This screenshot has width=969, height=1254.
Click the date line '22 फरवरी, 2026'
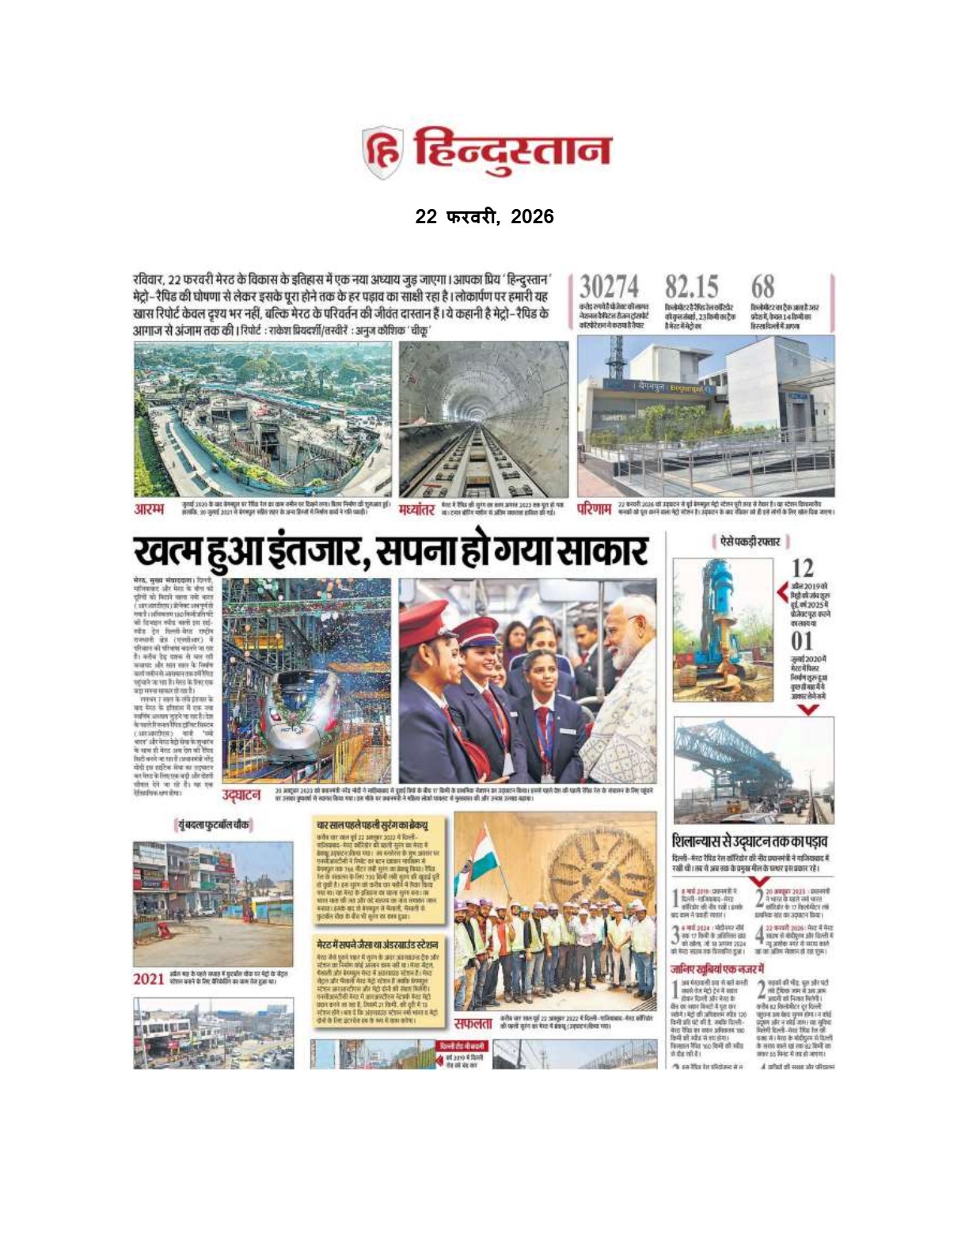pyautogui.click(x=484, y=217)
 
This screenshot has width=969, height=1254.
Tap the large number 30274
pyautogui.click(x=609, y=287)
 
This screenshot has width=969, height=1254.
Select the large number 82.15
pyautogui.click(x=691, y=287)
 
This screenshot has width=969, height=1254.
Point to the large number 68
pyautogui.click(x=762, y=287)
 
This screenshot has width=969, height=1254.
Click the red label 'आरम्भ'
pyautogui.click(x=150, y=508)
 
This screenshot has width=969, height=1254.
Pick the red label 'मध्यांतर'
pyautogui.click(x=416, y=509)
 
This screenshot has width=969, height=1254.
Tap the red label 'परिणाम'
pyautogui.click(x=593, y=508)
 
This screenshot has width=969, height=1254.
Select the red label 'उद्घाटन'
pyautogui.click(x=241, y=794)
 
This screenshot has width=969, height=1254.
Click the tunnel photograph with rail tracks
pyautogui.click(x=483, y=420)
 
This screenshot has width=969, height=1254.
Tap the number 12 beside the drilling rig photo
pyautogui.click(x=802, y=568)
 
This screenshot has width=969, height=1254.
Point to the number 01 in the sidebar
pyautogui.click(x=802, y=640)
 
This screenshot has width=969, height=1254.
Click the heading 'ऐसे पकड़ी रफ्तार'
pyautogui.click(x=750, y=542)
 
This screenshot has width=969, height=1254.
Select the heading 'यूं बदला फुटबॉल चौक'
pyautogui.click(x=212, y=825)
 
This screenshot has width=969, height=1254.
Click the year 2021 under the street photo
pyautogui.click(x=148, y=979)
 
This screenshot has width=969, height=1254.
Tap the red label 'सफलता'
pyautogui.click(x=473, y=1024)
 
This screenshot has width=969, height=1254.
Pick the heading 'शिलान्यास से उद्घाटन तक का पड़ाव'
pyautogui.click(x=750, y=841)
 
